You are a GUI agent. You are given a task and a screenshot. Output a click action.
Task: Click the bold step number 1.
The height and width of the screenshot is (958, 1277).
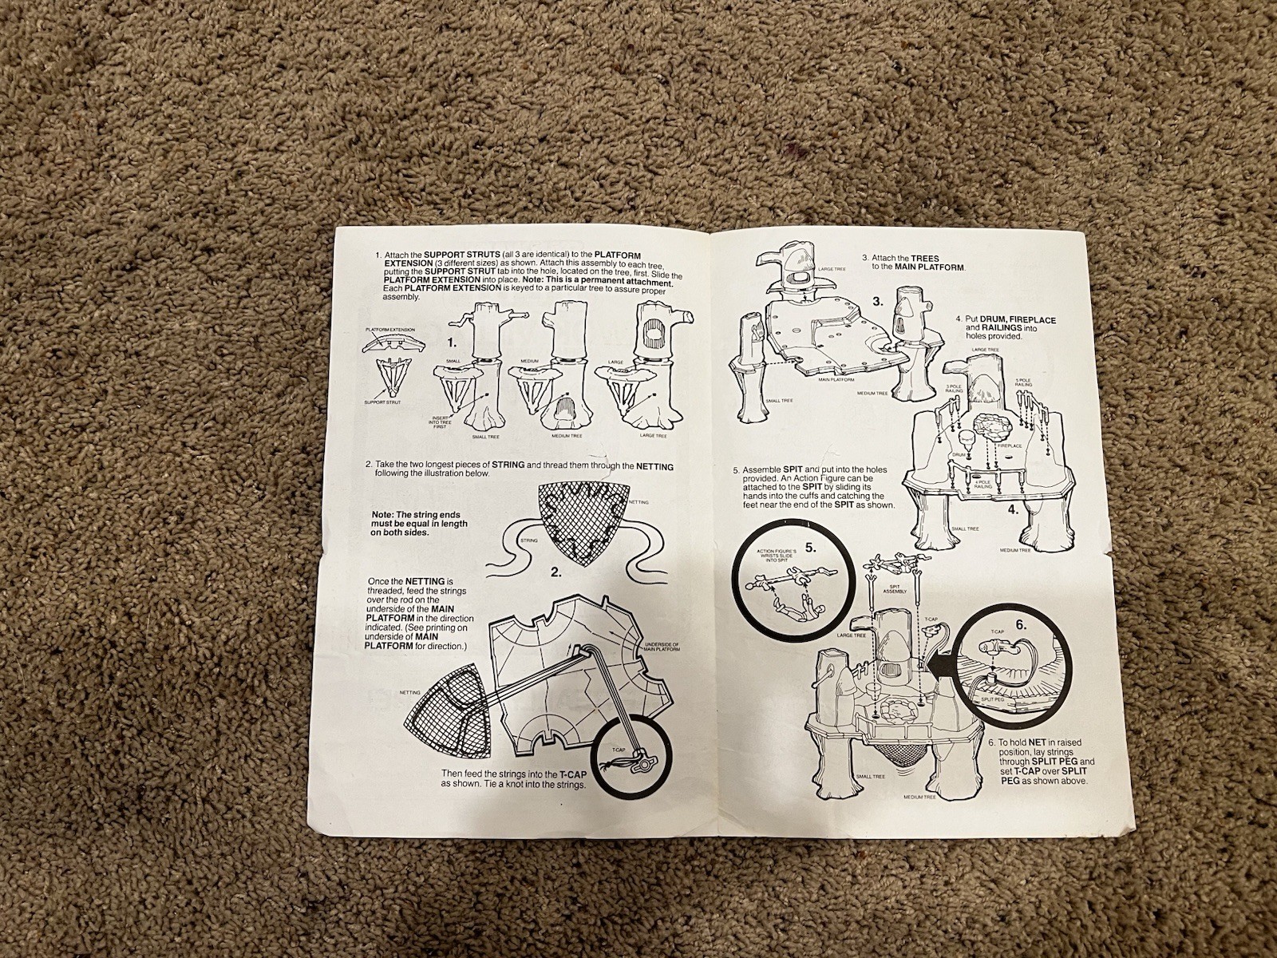tap(451, 342)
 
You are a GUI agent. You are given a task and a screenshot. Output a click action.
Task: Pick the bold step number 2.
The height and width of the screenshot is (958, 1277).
tap(555, 572)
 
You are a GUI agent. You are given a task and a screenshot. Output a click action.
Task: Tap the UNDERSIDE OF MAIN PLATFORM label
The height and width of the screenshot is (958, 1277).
tap(661, 647)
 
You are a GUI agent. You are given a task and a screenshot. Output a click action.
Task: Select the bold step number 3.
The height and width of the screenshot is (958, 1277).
tap(876, 302)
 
